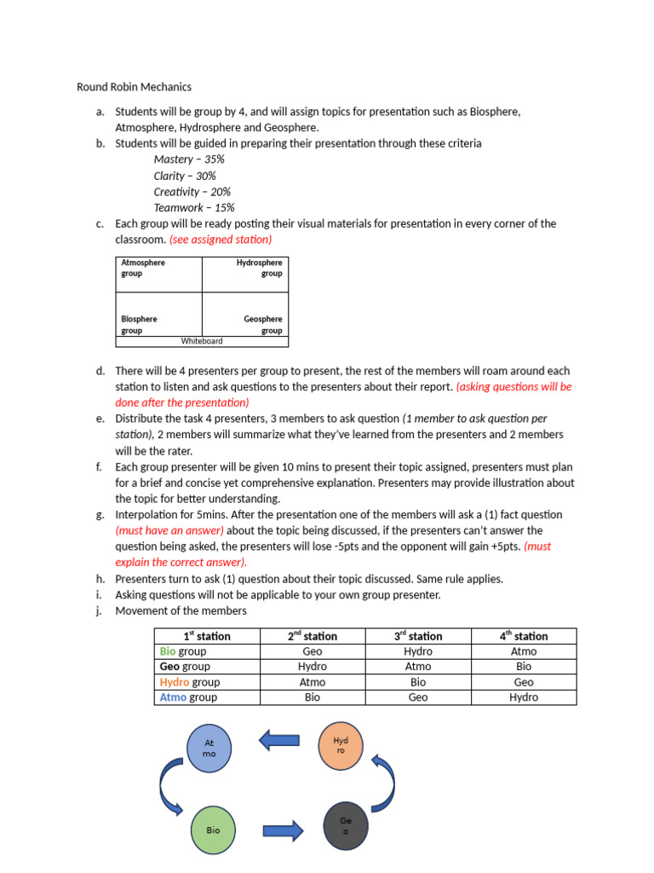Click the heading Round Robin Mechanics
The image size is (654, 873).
134,87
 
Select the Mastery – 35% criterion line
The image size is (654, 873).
189,159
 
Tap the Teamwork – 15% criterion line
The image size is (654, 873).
194,207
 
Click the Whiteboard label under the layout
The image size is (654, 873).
202,341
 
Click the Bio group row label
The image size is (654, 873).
183,651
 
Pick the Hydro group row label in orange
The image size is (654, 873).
189,682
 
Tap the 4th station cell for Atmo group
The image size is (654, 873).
524,697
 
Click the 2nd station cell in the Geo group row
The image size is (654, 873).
313,667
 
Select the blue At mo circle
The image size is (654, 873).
209,749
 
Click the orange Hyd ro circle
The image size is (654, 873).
341,745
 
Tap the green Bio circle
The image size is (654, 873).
213,829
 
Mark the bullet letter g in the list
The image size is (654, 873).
100,515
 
